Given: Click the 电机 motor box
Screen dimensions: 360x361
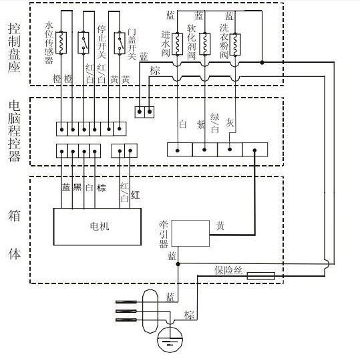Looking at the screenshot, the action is [x=98, y=227].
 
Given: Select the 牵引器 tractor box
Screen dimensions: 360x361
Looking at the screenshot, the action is [x=190, y=233].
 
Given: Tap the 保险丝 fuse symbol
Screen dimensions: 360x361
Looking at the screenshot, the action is [x=261, y=275].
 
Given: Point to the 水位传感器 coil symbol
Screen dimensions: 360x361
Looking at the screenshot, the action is [x=61, y=43].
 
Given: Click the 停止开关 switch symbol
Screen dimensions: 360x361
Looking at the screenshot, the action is [x=83, y=43].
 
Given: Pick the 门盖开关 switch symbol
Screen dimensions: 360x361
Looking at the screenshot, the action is [x=120, y=43].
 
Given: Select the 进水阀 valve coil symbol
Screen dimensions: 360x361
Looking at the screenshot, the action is [x=178, y=44].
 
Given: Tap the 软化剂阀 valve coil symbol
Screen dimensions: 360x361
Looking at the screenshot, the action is [x=205, y=44].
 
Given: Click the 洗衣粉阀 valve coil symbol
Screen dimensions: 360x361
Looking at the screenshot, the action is [x=235, y=44].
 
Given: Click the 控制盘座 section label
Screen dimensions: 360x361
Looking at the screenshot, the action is [x=14, y=47].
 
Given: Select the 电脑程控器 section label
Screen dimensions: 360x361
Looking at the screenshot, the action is [x=14, y=131].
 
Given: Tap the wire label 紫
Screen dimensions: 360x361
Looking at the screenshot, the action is [x=201, y=125].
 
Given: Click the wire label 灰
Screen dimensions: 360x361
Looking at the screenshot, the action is [x=230, y=122].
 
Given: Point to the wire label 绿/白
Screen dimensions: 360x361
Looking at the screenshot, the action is [x=215, y=123].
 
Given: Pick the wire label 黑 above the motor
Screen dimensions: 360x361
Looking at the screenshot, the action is [x=77, y=187].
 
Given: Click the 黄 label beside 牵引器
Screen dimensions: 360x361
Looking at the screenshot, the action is [x=220, y=226].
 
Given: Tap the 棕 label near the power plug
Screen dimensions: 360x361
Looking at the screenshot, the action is [x=189, y=315].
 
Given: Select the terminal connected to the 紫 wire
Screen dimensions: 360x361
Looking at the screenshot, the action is [x=205, y=150].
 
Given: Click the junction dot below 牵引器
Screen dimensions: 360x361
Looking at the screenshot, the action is [x=178, y=264].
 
